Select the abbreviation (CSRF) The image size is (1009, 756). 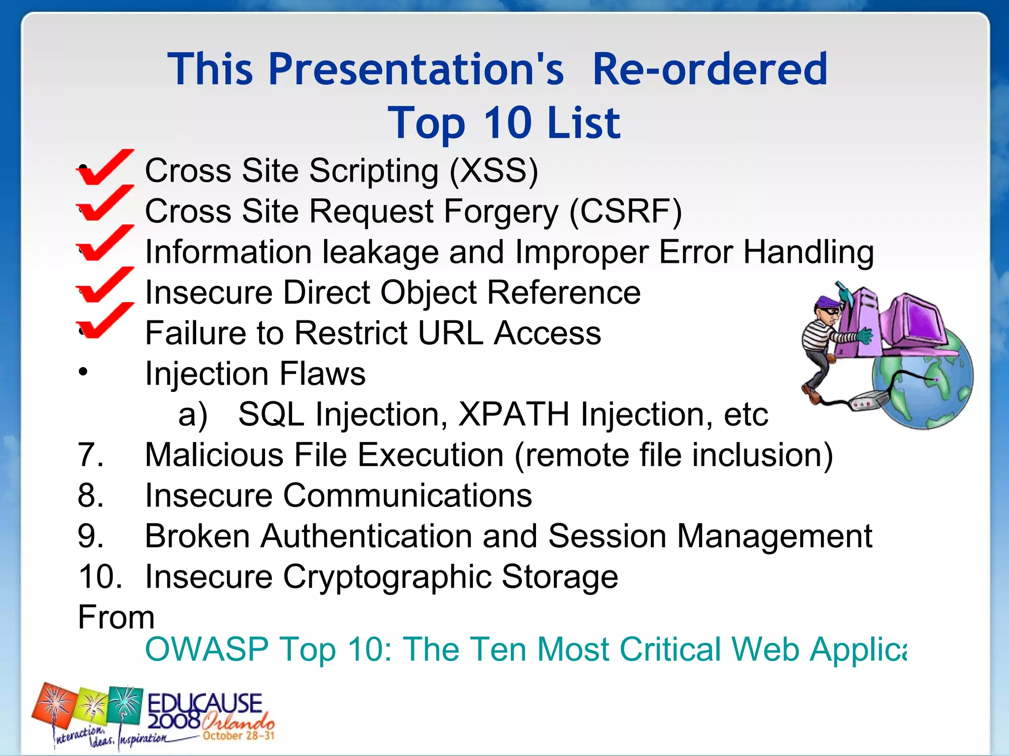[x=625, y=212]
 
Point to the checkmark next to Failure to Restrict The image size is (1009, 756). [x=104, y=321]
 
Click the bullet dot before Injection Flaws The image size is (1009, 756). [x=83, y=372]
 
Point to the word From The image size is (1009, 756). [x=116, y=617]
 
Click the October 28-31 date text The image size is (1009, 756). [x=238, y=736]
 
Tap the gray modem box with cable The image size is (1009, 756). [x=867, y=401]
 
